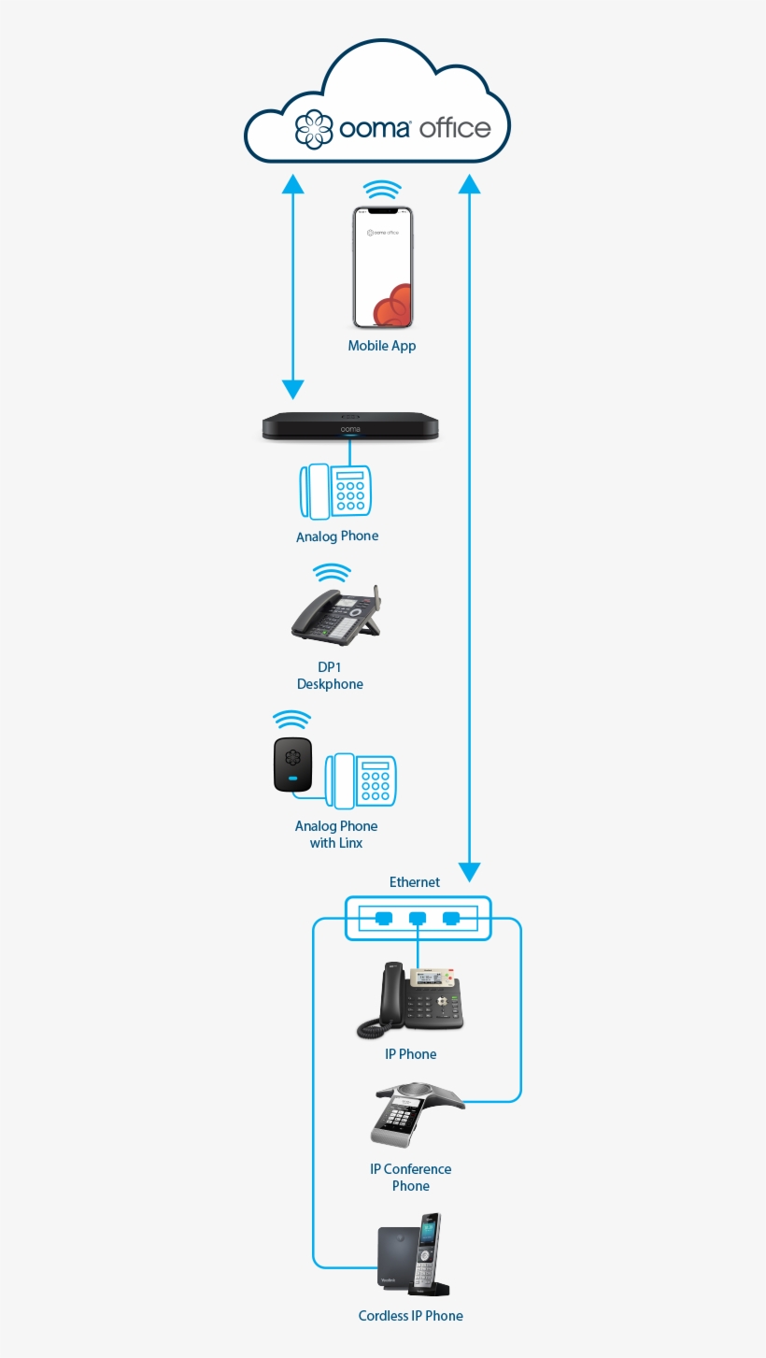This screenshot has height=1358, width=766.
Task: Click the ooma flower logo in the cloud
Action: point(314,129)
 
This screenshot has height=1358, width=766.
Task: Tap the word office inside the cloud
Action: point(455,128)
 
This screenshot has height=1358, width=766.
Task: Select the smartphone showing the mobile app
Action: point(382,267)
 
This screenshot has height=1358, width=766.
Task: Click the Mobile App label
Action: point(382,346)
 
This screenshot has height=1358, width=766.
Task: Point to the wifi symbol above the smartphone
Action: point(382,191)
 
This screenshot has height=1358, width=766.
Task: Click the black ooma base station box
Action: point(349,427)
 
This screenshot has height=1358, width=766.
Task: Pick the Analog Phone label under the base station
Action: point(337,536)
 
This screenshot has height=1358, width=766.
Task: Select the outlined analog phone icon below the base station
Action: point(336,491)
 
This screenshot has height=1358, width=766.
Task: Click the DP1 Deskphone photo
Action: point(336,617)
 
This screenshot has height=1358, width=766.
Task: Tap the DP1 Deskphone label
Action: point(330,676)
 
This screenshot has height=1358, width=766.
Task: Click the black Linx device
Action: point(292,765)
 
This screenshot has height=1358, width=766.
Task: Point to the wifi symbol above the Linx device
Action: point(291,721)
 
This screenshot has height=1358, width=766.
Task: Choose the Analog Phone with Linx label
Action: point(336,835)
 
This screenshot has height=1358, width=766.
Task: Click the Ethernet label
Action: point(415,881)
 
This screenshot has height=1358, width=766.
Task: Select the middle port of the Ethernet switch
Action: point(418,919)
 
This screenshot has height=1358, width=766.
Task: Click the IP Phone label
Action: point(411,1054)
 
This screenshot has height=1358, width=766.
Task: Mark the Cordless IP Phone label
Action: point(411,1316)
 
